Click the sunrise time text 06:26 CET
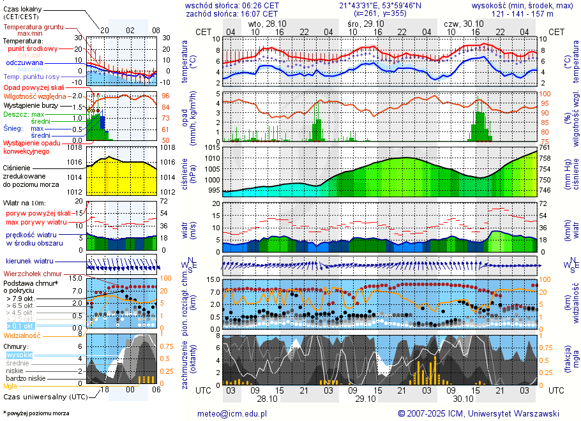(x=261, y=4)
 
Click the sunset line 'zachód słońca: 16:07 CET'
(x=231, y=13)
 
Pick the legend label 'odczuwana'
(x=24, y=63)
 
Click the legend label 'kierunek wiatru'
(x=28, y=262)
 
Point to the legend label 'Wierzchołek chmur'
(x=35, y=274)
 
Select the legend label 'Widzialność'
(x=22, y=335)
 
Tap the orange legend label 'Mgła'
(x=10, y=386)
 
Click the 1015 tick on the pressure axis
(x=213, y=148)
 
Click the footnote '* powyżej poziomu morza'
(x=36, y=413)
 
